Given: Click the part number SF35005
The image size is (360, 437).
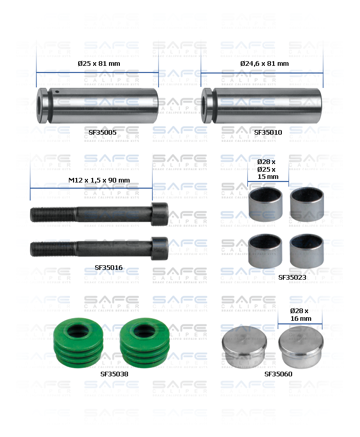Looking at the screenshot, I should click(x=102, y=132).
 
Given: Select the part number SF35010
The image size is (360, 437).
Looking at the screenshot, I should click(x=268, y=132).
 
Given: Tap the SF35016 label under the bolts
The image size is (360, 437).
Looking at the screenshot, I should click(x=109, y=267).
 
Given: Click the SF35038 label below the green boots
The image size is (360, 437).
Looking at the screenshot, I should click(x=114, y=374).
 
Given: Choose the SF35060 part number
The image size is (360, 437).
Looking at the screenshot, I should click(x=278, y=374).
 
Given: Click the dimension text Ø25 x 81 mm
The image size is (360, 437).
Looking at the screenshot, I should click(x=99, y=63).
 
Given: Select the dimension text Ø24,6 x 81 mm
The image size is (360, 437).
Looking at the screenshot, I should click(x=264, y=63).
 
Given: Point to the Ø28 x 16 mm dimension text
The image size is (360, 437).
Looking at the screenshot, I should click(x=300, y=315).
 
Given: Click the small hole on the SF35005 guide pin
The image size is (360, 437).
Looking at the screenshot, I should click(x=58, y=93).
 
